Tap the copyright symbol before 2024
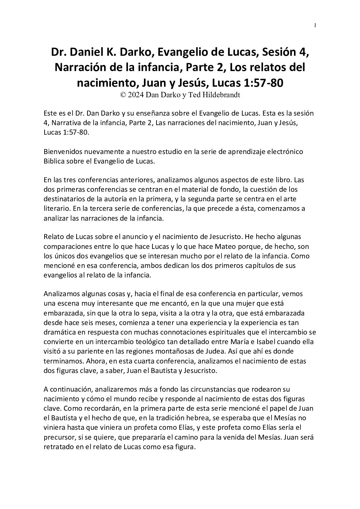(123, 95)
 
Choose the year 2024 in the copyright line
(135, 95)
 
